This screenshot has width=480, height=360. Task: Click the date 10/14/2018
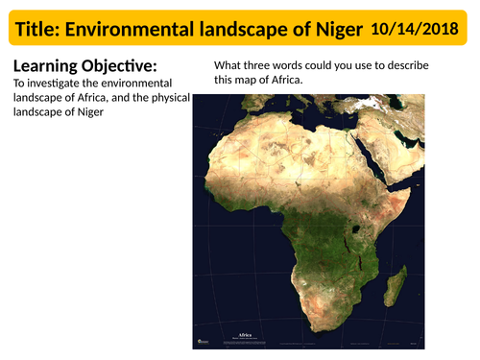pos(417,30)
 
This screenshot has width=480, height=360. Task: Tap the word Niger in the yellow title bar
pos(337,31)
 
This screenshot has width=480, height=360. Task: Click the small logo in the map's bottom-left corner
pos(201,341)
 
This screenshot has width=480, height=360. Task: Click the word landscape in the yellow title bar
pos(254,31)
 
